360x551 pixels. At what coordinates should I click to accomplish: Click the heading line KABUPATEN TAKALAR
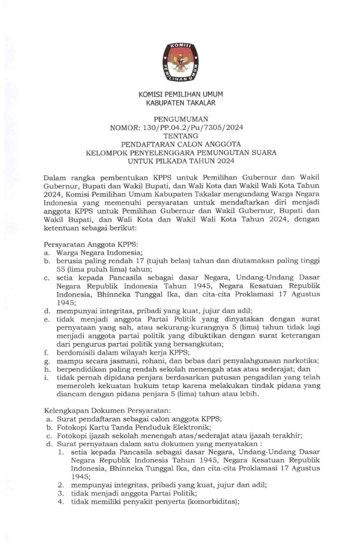pos(180,103)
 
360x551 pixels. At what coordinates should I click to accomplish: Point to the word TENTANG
pos(180,135)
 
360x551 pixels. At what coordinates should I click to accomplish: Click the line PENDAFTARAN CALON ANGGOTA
pos(180,144)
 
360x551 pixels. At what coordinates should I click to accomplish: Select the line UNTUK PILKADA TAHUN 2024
pos(180,161)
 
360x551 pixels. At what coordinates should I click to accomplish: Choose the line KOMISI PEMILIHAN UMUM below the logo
pos(180,94)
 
